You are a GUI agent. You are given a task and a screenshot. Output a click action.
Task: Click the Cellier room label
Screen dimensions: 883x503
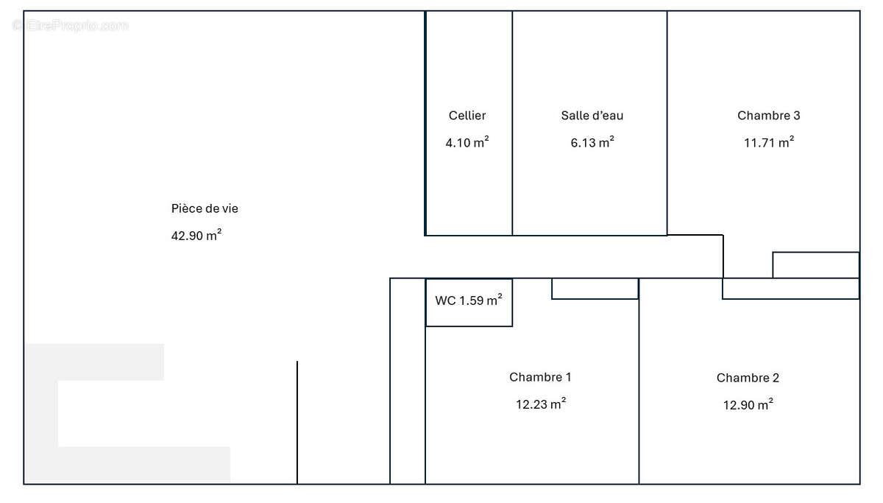click(467, 115)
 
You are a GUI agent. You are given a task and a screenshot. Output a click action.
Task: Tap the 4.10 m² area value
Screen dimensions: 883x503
click(467, 142)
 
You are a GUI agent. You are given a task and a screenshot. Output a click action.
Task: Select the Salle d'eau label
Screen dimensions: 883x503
click(592, 115)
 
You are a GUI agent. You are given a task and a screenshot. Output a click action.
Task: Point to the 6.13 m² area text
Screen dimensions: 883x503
click(592, 142)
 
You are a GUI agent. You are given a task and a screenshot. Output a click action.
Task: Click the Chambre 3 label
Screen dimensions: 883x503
click(769, 115)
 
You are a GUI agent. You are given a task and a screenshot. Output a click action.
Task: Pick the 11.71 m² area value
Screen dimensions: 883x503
click(769, 142)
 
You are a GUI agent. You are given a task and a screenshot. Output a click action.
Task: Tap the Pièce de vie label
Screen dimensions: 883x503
click(205, 208)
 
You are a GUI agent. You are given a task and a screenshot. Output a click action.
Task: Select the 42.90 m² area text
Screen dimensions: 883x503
click(196, 235)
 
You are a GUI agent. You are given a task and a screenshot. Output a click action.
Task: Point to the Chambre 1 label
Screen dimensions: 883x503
click(540, 377)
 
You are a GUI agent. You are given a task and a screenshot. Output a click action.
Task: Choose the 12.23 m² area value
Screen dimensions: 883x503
click(541, 404)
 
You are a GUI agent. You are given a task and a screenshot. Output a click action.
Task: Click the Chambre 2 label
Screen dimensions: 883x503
click(748, 378)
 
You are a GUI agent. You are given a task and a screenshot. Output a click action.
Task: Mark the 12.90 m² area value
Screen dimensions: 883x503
click(748, 405)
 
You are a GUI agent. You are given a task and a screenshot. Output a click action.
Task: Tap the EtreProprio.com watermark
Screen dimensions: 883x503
click(70, 25)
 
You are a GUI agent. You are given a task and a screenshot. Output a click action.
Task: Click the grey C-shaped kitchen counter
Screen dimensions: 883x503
click(42, 413)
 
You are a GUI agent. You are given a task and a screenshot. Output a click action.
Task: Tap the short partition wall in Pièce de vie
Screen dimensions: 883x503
click(297, 422)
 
